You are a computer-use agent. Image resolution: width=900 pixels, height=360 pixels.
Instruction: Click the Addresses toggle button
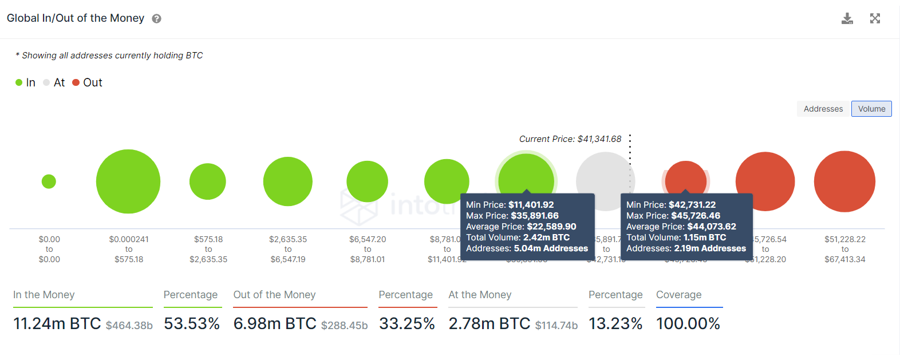[x=823, y=109]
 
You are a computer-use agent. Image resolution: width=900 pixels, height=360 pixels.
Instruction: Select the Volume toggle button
[x=871, y=109]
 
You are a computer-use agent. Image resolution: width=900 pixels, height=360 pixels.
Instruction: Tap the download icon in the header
[x=847, y=18]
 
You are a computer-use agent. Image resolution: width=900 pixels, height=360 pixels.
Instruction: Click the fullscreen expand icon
[x=875, y=18]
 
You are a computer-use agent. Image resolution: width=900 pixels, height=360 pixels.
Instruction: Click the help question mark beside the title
[x=156, y=19]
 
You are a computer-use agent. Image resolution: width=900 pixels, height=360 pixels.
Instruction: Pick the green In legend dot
[x=19, y=82]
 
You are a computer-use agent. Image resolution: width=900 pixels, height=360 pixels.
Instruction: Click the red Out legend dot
[x=76, y=82]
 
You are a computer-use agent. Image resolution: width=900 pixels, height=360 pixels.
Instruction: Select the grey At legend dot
[x=46, y=82]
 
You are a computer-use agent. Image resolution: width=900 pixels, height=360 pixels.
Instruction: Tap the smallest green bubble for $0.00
[x=49, y=181]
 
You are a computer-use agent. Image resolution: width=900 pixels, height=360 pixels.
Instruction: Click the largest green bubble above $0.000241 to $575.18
[x=128, y=181]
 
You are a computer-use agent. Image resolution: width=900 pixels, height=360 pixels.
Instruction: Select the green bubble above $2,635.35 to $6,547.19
[x=288, y=181]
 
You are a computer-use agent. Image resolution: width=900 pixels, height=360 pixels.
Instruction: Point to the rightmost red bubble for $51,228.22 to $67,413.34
[x=844, y=181]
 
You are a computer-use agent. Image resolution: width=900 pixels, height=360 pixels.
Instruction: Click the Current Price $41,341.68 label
[x=570, y=139]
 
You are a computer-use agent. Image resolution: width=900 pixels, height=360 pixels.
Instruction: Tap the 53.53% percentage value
[x=192, y=324]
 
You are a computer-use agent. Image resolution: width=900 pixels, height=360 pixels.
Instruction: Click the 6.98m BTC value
[x=275, y=324]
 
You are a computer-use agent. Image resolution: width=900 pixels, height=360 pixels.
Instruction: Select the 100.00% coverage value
[x=688, y=324]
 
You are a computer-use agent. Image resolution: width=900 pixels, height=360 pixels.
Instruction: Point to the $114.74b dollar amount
[x=556, y=326]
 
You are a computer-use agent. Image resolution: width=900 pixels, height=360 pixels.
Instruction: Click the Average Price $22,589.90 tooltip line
[x=521, y=227]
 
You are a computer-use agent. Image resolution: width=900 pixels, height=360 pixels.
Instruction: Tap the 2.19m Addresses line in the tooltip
[x=686, y=248]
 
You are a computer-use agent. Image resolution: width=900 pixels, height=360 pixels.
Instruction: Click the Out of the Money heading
[x=274, y=295]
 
